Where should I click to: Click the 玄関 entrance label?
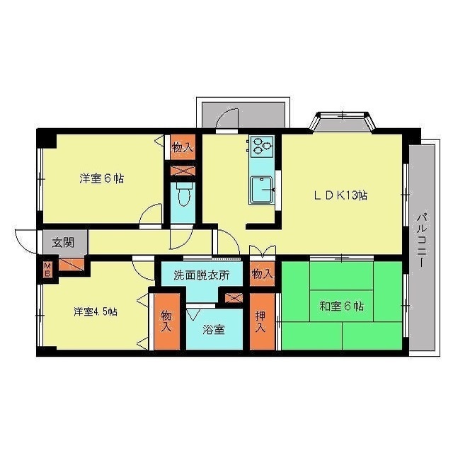(x=63, y=241)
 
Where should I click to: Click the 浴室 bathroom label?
(x=214, y=328)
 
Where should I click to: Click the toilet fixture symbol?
(x=184, y=194)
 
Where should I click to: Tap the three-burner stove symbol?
(x=260, y=146)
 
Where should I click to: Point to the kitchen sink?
(x=262, y=189)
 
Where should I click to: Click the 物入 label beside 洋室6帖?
(x=183, y=147)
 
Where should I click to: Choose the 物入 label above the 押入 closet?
(x=261, y=273)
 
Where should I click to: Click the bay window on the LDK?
(x=344, y=122)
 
